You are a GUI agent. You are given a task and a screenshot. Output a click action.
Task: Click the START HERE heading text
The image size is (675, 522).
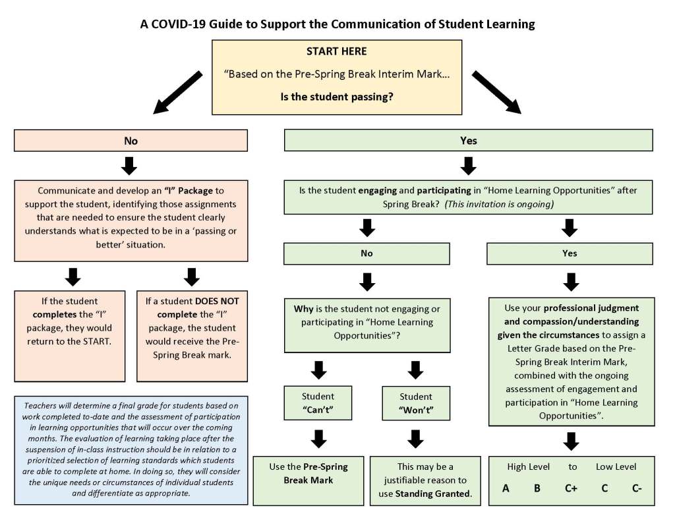pos(336,51)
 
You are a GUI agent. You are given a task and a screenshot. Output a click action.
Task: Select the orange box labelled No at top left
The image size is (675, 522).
pos(131,141)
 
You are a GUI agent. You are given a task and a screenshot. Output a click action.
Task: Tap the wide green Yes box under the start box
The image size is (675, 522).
pos(468,141)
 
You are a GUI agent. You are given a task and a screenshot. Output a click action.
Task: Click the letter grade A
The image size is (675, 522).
pos(506,488)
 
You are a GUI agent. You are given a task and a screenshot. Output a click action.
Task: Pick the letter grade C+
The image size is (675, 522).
pos(570,488)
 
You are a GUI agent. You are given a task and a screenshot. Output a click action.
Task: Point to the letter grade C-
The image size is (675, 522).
pos(636,488)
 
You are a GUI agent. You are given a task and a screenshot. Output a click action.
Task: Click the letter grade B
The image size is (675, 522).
pos(537,488)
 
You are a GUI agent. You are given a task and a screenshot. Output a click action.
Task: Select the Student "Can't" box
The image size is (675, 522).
pos(318,403)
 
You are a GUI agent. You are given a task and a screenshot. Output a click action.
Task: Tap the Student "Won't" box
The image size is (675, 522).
pos(416,403)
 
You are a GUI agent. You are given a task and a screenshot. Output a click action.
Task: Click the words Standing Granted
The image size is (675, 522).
pos(433,493)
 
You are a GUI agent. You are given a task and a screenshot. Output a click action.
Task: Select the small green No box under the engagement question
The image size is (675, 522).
pos(367,253)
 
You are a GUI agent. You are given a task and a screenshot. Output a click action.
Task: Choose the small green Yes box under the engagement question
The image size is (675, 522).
pos(570,253)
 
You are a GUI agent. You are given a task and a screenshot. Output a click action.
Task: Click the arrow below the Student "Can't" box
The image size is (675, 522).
pos(318,439)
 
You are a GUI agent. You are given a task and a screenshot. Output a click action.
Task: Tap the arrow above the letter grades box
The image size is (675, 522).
pos(571,441)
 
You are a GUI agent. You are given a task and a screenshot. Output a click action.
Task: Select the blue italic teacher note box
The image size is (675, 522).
pos(131,450)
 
